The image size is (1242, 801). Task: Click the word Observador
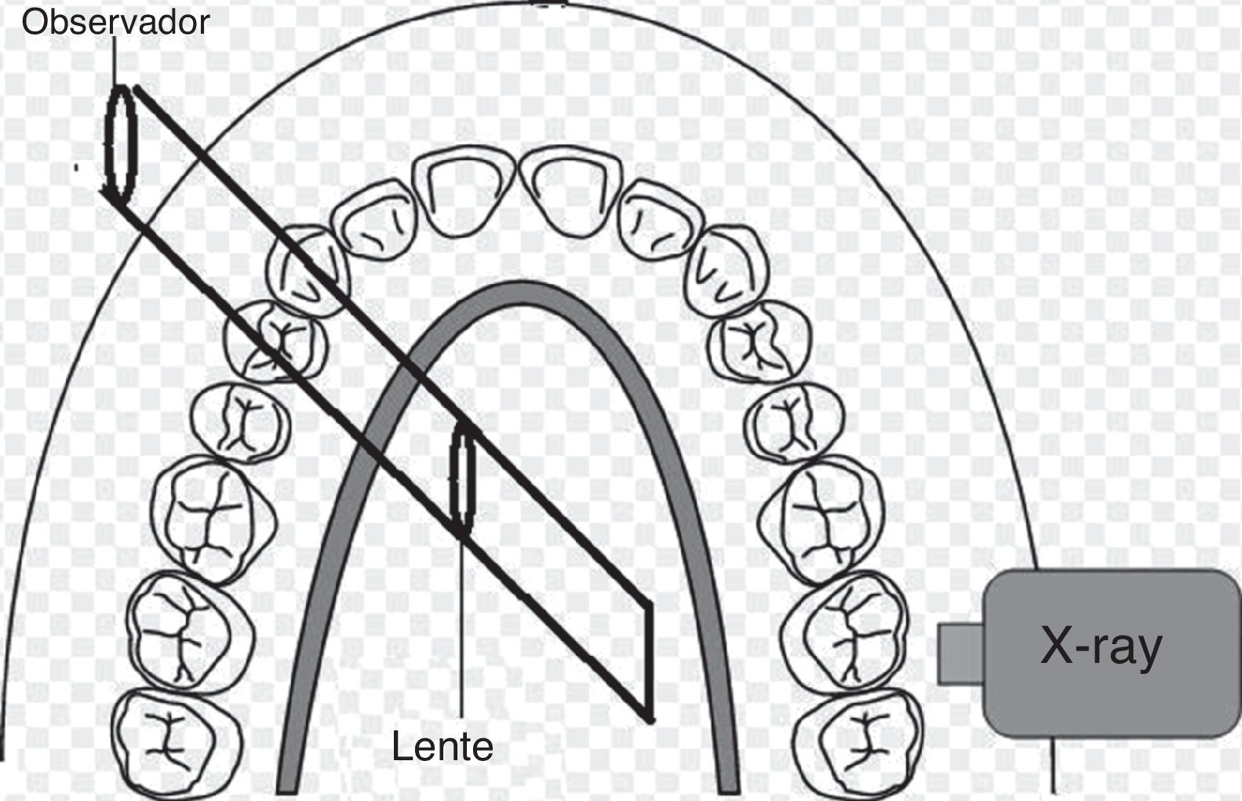(x=115, y=21)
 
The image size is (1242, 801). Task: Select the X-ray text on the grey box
(x=1101, y=648)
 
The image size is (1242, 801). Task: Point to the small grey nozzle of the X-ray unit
(x=960, y=653)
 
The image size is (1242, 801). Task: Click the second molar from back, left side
(x=191, y=632)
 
